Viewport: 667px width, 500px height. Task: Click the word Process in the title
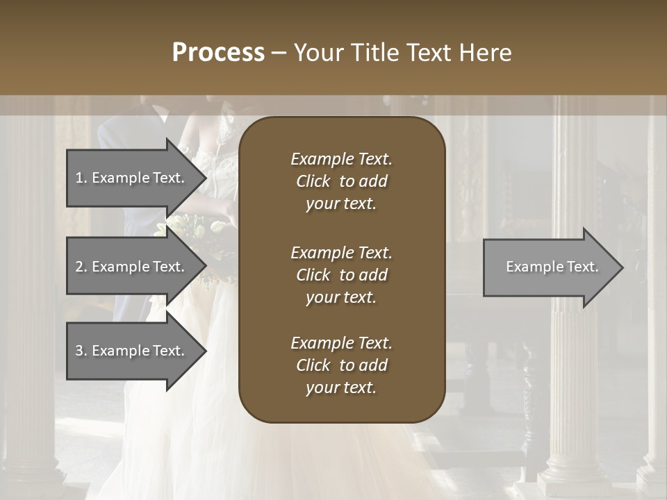(x=218, y=53)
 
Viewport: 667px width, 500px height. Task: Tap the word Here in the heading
(x=486, y=53)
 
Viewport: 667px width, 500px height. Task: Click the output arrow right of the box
(x=549, y=267)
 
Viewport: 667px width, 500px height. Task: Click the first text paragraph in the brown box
(x=341, y=181)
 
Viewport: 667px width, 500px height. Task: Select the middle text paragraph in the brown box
(x=341, y=274)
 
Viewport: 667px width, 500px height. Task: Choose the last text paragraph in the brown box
(x=341, y=365)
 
